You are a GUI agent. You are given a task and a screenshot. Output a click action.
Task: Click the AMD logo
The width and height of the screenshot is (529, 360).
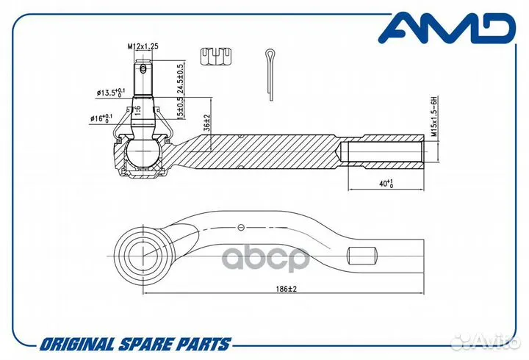pos(447,28)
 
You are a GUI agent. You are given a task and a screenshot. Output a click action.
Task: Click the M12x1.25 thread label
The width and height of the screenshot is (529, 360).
pos(143,46)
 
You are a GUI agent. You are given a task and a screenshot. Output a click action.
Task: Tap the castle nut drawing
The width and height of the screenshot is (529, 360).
pos(216,57)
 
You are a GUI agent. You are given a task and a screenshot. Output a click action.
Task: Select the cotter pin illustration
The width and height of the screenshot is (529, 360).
pos(270,75)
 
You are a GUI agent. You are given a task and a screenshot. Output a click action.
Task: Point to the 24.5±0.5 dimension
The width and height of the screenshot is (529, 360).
pos(181,79)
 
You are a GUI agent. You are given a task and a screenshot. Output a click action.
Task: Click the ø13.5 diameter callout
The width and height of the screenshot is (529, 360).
pos(111,92)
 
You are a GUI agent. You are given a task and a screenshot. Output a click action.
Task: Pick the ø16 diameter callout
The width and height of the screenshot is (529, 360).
pos(101,118)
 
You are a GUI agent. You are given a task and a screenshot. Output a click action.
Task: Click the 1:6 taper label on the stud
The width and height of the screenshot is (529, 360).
pos(137,110)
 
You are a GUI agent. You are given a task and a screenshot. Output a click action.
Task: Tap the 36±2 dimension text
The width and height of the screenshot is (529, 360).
pos(207,123)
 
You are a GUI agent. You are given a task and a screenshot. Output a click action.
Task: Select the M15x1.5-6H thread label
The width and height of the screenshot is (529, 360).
pos(434,116)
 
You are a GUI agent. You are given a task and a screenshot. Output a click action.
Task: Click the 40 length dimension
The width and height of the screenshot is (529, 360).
pos(386,184)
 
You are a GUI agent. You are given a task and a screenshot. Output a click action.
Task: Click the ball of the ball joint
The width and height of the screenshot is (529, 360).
pos(143,154)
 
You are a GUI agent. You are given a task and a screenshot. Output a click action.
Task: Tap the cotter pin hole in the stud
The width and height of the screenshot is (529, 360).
pos(143,69)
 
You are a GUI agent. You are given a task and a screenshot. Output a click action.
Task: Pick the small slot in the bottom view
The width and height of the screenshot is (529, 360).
pos(362,256)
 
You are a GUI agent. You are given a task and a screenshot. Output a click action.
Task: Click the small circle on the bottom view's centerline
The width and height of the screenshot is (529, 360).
pos(240,228)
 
